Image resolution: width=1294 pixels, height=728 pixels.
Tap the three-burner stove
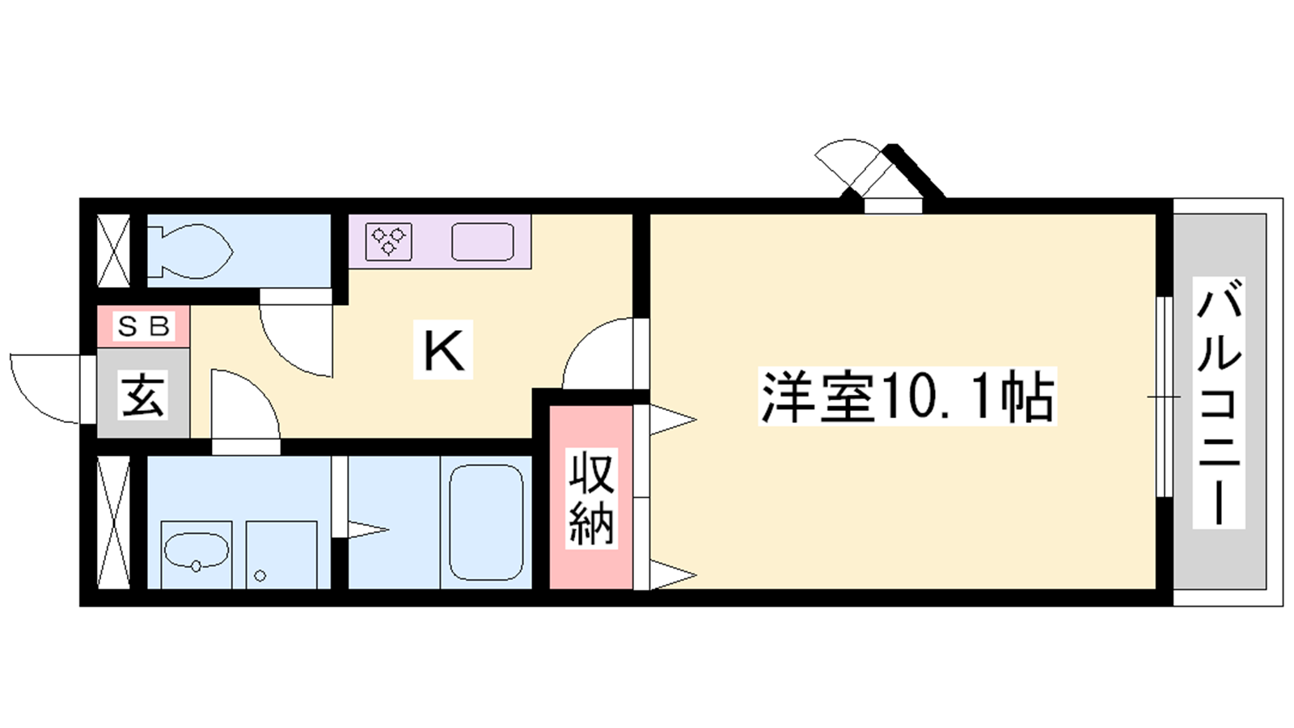tap(389, 242)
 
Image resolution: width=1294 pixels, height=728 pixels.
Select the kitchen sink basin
tap(482, 242)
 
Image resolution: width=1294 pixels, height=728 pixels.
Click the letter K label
tap(443, 349)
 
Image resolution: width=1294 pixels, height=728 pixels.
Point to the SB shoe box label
tap(143, 327)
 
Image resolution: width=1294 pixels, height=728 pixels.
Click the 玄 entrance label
tap(143, 396)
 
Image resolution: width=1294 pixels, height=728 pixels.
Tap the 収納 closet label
tap(591, 498)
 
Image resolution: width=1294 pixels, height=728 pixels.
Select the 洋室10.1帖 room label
tap(907, 396)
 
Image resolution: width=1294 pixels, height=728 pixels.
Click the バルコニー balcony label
tap(1219, 402)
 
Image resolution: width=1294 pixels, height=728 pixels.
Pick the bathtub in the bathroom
tap(486, 523)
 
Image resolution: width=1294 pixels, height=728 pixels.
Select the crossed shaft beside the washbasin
tap(113, 523)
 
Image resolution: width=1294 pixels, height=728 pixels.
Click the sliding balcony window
tap(1165, 396)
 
